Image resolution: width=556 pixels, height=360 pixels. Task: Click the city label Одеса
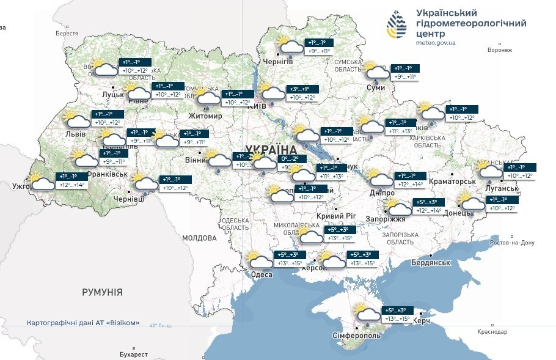coord(262,275)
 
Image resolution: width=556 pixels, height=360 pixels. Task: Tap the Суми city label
coord(375,88)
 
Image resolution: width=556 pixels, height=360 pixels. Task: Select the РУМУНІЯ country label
coord(102,292)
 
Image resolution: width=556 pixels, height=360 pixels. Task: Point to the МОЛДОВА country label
coord(199,238)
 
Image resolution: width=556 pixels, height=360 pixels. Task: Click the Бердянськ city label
coord(431,262)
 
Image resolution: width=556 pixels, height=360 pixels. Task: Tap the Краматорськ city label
coord(453,182)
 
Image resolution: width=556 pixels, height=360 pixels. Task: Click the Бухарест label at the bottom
coord(134,354)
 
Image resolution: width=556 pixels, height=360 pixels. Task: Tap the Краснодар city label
coord(492,332)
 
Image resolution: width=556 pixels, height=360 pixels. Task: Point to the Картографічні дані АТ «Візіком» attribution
coord(84,323)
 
